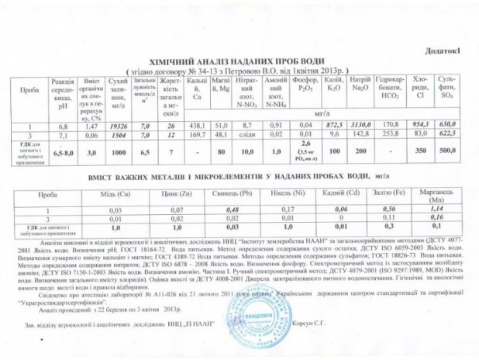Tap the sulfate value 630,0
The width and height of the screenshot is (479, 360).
[447, 125]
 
